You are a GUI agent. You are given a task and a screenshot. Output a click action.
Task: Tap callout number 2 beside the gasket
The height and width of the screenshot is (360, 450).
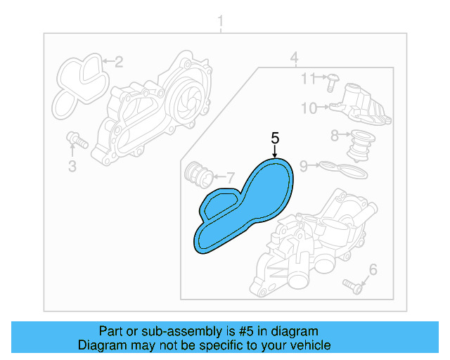[x=119, y=62]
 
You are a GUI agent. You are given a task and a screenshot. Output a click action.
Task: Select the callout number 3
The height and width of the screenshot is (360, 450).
[x=72, y=166]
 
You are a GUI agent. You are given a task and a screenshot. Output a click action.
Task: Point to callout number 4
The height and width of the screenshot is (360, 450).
[x=295, y=57]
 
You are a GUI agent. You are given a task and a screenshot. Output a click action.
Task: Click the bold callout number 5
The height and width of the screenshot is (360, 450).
[x=275, y=137]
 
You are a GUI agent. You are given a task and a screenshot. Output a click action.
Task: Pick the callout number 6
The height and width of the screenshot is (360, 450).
[x=373, y=269]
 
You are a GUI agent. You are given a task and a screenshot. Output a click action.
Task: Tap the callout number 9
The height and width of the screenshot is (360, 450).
[x=303, y=166]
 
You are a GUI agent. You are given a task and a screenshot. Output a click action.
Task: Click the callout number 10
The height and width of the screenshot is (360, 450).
[x=309, y=108]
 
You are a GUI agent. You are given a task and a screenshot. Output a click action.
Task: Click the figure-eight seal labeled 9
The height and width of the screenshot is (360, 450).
[x=344, y=169]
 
